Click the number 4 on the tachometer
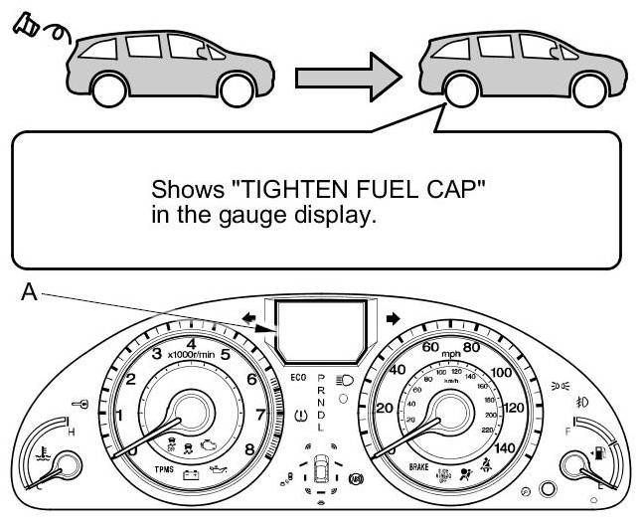click(191, 344)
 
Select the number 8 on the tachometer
click(249, 449)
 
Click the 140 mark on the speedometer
click(504, 449)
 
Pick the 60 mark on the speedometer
click(430, 347)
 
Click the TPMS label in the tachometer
click(165, 467)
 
